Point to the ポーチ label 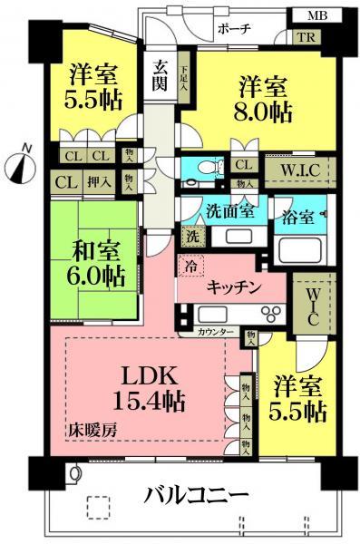click(234, 29)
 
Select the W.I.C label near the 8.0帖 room click(299, 169)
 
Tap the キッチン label click(234, 287)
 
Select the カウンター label click(216, 333)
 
